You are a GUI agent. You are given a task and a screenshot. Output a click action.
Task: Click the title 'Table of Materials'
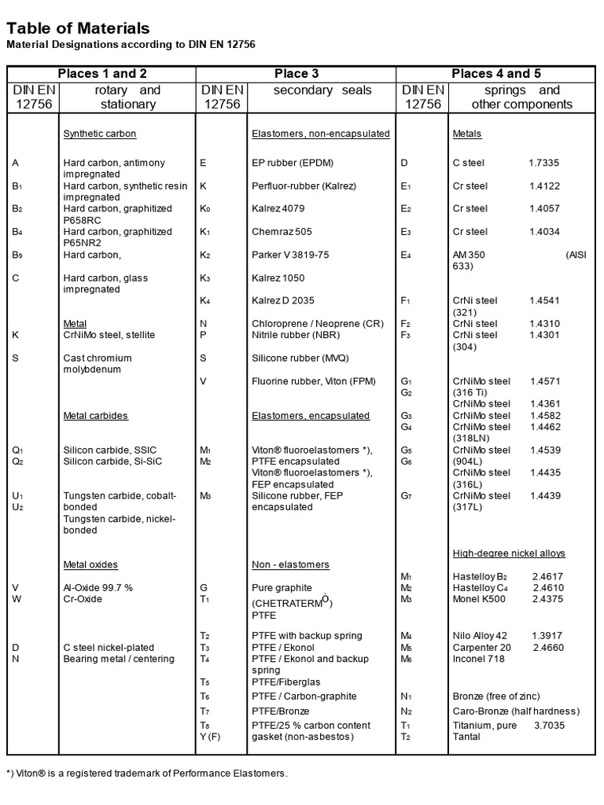77,29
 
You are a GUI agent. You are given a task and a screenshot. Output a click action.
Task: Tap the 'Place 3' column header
296,74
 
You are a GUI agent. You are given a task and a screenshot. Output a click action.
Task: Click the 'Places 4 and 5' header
496,74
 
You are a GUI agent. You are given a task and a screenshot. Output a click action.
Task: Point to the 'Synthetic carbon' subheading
100,134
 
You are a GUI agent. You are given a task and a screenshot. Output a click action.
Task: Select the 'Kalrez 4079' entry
278,208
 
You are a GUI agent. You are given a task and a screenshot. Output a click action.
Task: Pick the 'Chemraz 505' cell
282,232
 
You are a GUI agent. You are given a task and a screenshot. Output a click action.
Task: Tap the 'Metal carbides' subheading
95,415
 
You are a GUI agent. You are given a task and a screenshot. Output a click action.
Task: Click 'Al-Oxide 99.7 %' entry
99,587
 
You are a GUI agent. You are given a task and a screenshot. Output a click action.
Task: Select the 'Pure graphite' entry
282,587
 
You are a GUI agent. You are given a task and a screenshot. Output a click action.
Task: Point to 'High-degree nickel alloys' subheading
509,553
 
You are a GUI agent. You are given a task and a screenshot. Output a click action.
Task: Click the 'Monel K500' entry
479,599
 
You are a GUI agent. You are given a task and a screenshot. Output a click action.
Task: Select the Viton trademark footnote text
147,774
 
